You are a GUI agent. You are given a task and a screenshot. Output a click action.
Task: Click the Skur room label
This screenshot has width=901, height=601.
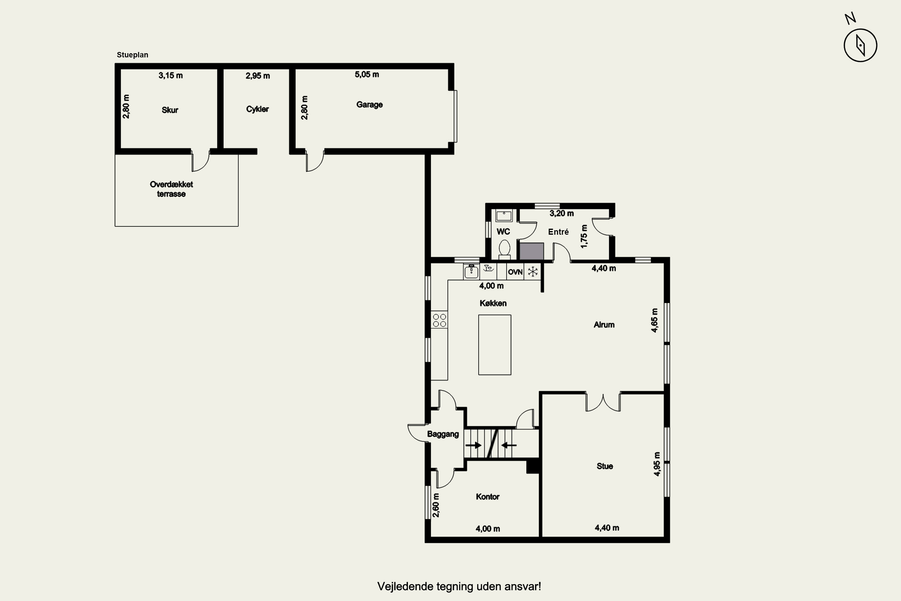click(170, 110)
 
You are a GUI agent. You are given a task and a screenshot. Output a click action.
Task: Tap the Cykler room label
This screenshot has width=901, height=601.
click(257, 109)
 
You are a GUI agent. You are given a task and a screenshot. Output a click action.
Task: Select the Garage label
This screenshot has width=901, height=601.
click(369, 105)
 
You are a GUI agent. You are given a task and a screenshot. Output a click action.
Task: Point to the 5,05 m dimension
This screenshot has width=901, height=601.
click(367, 74)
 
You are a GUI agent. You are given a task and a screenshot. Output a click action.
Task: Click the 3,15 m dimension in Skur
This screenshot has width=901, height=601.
click(171, 75)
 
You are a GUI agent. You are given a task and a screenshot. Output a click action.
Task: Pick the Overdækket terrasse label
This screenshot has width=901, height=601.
click(171, 189)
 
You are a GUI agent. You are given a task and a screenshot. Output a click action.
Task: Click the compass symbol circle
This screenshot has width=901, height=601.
click(860, 29)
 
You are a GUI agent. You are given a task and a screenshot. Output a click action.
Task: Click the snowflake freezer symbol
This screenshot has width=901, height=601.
click(533, 272)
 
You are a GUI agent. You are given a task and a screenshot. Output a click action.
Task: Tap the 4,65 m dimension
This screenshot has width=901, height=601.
click(655, 320)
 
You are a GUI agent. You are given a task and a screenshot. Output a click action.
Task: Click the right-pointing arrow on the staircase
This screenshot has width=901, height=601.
click(474, 445)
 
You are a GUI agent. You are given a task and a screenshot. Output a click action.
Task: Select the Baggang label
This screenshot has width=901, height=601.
click(443, 434)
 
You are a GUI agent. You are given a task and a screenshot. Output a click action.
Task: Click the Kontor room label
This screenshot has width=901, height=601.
click(488, 497)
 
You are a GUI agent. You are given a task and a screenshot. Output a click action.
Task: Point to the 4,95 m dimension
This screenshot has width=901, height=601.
click(657, 464)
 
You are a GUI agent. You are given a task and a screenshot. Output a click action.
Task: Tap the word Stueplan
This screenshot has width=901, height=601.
click(132, 55)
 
